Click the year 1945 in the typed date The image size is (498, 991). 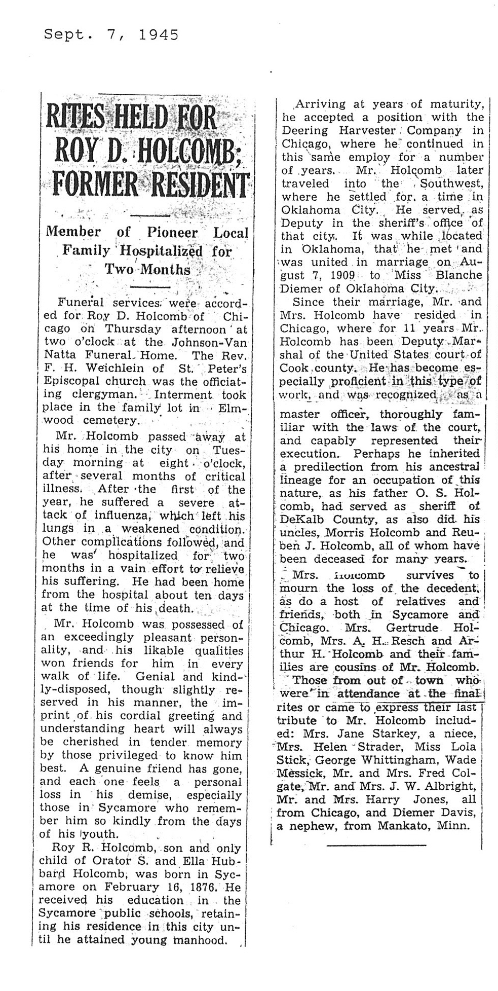(158, 34)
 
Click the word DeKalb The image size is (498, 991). (302, 520)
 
